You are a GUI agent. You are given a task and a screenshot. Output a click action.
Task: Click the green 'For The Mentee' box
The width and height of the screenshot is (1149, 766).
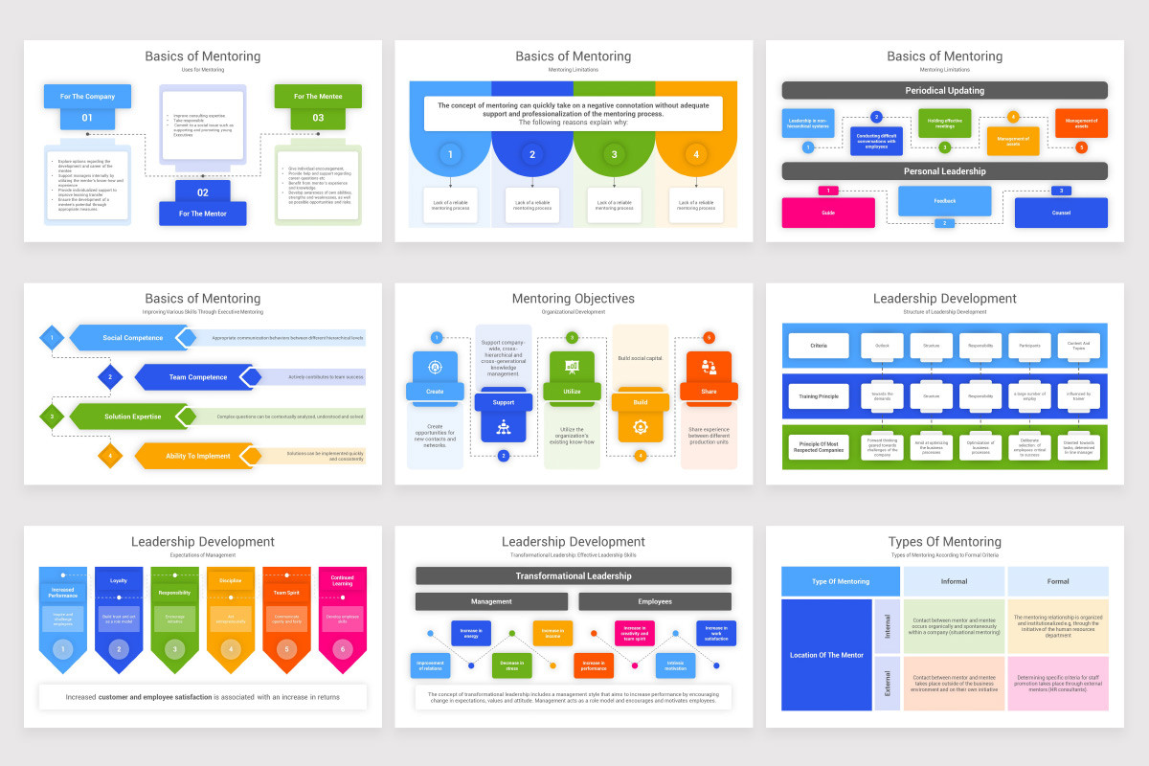tap(318, 96)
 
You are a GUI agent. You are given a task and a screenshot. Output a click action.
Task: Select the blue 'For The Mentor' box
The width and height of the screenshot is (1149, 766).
tap(203, 214)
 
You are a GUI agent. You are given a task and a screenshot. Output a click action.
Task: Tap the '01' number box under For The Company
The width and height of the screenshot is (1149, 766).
tap(87, 119)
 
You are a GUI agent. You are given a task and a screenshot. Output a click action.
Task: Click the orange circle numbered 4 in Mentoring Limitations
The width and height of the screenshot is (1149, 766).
tap(696, 154)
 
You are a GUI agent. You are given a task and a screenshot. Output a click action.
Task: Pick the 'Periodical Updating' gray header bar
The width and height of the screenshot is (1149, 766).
tap(944, 90)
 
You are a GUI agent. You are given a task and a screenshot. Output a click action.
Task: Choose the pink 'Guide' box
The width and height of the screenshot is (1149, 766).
tap(828, 213)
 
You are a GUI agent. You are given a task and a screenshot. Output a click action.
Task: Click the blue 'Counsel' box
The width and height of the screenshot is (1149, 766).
tap(1061, 213)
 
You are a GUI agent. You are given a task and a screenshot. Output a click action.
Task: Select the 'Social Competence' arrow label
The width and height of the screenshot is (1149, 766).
tap(132, 338)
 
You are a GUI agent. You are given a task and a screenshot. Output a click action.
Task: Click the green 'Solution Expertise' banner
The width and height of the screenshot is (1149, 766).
tap(133, 417)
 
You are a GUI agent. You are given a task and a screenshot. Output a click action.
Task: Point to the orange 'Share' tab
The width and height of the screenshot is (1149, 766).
tap(709, 391)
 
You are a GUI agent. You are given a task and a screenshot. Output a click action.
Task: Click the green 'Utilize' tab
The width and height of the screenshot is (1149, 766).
tap(572, 391)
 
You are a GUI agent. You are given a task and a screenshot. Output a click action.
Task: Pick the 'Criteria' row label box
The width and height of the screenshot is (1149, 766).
tap(818, 345)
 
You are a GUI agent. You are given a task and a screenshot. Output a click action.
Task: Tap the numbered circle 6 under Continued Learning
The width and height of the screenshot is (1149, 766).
tap(342, 649)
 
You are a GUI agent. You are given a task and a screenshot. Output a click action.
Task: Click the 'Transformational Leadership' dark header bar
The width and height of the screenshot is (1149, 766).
tap(573, 575)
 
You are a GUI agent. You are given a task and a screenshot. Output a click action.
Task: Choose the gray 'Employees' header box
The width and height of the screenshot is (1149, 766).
tap(654, 601)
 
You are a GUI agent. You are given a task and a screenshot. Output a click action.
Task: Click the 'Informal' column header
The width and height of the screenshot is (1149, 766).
tap(954, 581)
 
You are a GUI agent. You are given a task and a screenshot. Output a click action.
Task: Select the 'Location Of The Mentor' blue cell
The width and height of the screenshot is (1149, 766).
tap(826, 655)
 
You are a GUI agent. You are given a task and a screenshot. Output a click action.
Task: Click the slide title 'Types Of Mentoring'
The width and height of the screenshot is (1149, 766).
tap(944, 542)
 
